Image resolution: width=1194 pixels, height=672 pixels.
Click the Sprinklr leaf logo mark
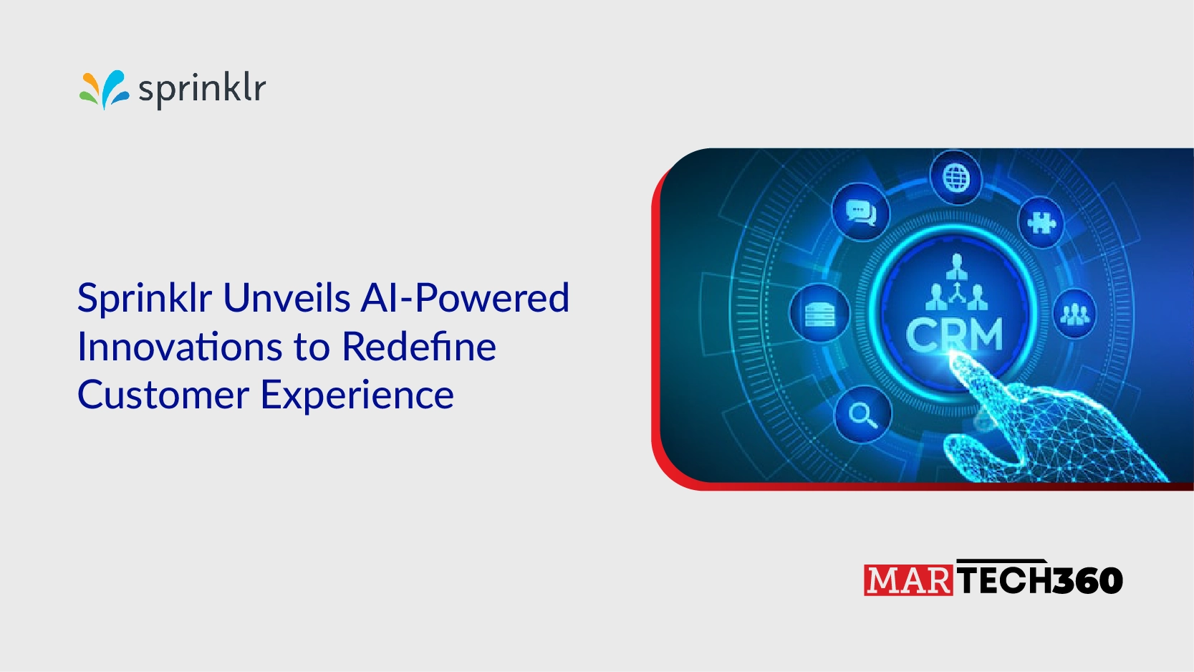105,89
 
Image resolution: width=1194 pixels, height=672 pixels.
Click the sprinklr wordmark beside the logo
202,89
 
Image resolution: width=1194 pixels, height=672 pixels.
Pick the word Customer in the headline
163,395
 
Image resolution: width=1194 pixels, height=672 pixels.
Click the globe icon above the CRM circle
956,178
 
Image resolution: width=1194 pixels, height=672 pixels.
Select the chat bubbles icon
861,212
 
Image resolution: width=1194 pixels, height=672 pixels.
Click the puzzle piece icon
1041,222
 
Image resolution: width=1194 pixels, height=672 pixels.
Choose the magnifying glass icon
862,415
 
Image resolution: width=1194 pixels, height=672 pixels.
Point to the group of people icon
1075,314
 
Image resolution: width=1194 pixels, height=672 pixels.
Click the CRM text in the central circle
954,335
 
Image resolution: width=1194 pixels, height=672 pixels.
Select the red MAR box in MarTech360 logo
908,580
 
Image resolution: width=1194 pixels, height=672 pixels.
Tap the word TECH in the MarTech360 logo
1005,580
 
